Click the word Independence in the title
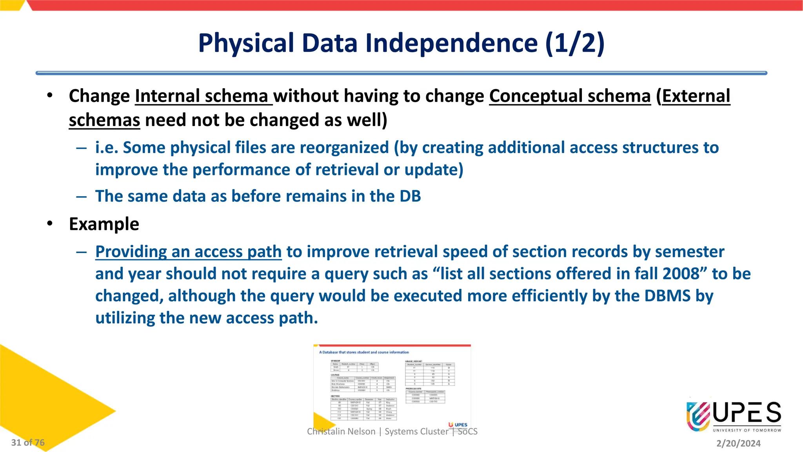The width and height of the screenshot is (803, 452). point(451,43)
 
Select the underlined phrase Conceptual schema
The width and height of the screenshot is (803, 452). point(570,96)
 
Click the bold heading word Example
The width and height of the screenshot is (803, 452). point(104,224)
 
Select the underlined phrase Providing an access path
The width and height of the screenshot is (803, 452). point(188,252)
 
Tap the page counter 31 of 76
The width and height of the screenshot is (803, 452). point(28,443)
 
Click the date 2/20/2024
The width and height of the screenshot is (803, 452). point(738,443)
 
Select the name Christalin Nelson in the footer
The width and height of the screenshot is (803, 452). point(341,432)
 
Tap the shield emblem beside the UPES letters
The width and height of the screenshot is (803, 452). point(698,416)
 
